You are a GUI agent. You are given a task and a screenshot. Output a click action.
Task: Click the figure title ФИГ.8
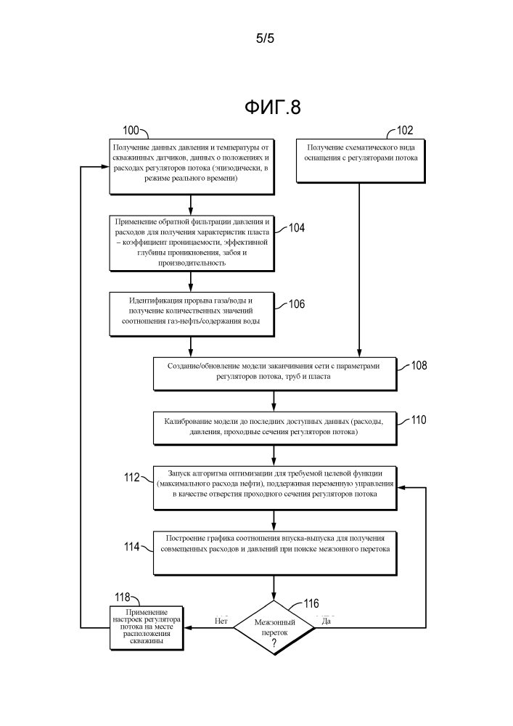(272, 107)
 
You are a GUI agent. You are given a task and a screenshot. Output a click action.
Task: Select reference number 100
(131, 131)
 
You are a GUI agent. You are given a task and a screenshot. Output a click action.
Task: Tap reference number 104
(296, 228)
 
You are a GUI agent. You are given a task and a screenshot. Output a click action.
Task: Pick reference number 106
(296, 304)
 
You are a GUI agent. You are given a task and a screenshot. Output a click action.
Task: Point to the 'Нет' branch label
(222, 621)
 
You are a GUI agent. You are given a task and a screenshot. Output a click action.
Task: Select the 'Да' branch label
(327, 621)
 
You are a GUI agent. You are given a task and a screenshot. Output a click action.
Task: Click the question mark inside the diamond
(274, 643)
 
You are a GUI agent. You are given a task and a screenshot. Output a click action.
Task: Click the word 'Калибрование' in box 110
(187, 420)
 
